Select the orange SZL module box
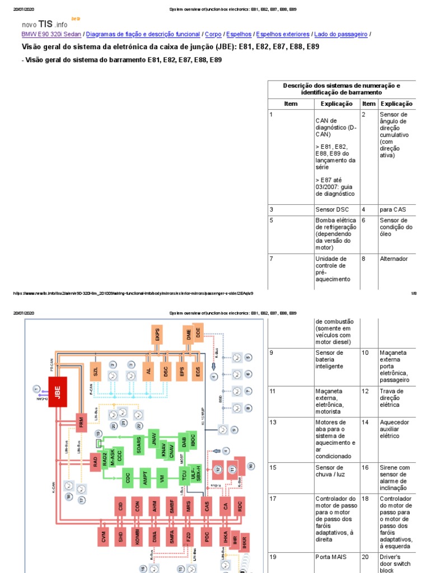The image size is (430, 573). pos(96,370)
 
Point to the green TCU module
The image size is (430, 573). pos(183,477)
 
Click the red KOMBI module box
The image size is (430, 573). pos(137,537)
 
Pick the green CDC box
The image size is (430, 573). pos(128,478)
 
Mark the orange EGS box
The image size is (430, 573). pos(198,370)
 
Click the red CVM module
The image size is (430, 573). pos(103,537)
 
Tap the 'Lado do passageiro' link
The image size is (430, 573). pos(341,34)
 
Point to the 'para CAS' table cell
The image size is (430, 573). pos(392,209)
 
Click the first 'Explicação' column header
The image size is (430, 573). pos(336,104)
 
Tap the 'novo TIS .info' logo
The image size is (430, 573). pos(45,24)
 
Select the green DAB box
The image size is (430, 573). pos(183,441)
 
